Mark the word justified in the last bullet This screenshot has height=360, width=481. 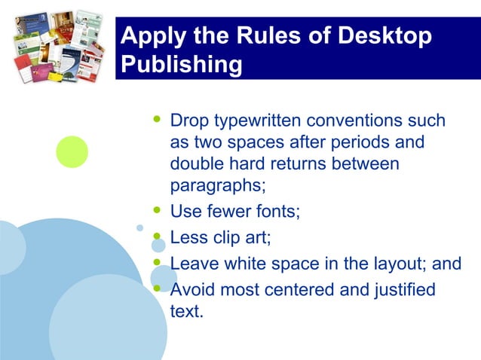(x=401, y=289)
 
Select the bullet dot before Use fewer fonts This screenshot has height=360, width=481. (x=157, y=209)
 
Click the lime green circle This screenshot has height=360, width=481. (x=72, y=151)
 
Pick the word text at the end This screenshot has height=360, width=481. (x=186, y=310)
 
